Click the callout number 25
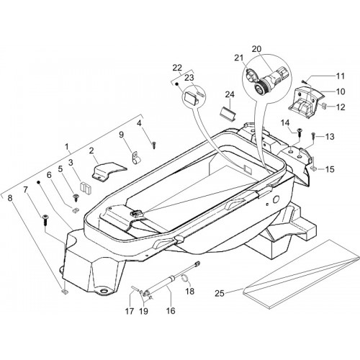pos(220,293)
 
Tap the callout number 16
pos(171,311)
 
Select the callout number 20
pos(256,49)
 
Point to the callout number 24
pos(230,94)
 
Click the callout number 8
pos(9,198)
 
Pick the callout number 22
pos(177,68)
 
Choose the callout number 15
pos(330,169)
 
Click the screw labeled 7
pos(45,220)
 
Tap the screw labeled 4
pos(154,145)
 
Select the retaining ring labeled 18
pos(185,279)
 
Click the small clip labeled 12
pos(324,105)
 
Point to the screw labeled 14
pos(300,132)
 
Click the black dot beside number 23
pos(176,84)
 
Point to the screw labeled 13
pos(314,136)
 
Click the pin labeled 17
pos(135,289)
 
